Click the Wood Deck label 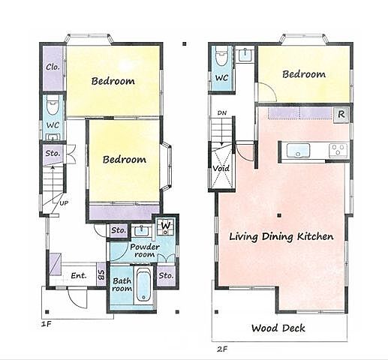click(278, 328)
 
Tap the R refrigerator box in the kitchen click(341, 115)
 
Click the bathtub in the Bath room click(143, 285)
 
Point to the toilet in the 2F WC click(221, 56)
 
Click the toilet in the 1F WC click(53, 105)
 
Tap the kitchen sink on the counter click(298, 151)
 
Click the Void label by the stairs click(221, 169)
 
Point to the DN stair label click(222, 113)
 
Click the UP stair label click(64, 203)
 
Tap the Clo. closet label click(53, 67)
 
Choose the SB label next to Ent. click(101, 274)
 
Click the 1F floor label click(47, 324)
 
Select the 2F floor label click(222, 349)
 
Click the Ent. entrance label click(79, 275)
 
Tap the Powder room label click(145, 250)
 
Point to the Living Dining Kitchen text click(281, 236)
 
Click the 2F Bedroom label click(304, 74)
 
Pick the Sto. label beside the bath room click(166, 275)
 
